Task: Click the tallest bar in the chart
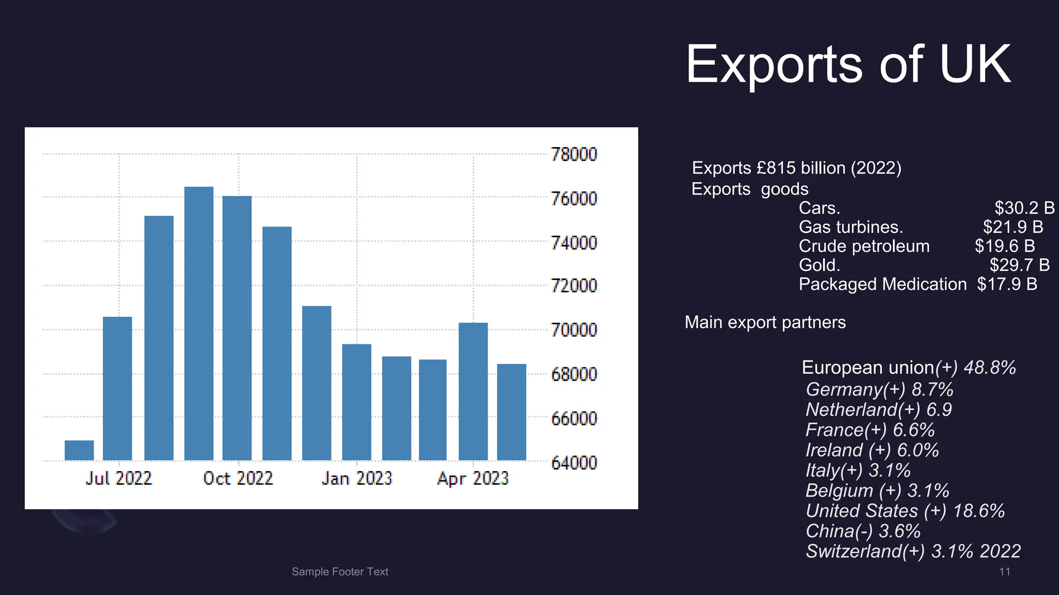[x=199, y=323]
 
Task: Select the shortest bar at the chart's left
[x=79, y=450]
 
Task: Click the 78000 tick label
[x=573, y=154]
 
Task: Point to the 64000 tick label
[x=573, y=463]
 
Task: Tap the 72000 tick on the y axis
[x=573, y=286]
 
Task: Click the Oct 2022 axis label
[x=238, y=478]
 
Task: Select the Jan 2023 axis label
[x=357, y=478]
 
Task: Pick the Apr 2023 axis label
[x=473, y=478]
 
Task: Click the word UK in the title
[x=974, y=65]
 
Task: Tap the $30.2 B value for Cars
[x=1024, y=208]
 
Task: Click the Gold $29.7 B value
[x=1019, y=265]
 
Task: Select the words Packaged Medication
[x=882, y=284]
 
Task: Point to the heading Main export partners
[x=765, y=322]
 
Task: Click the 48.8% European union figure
[x=990, y=368]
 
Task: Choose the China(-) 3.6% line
[x=863, y=531]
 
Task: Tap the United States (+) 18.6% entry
[x=905, y=511]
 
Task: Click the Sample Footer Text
[x=340, y=572]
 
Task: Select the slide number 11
[x=1004, y=572]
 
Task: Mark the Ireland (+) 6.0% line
[x=872, y=450]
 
